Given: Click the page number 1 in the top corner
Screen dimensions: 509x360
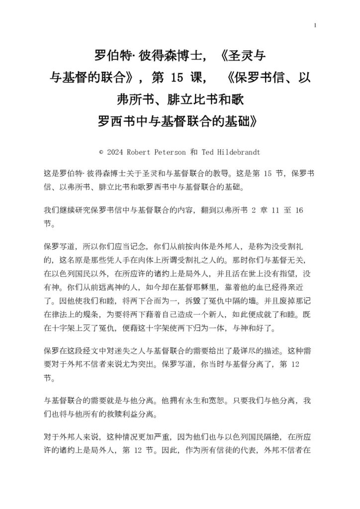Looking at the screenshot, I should tap(315, 26).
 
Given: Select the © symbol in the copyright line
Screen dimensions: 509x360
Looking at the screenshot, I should tap(101, 151).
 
